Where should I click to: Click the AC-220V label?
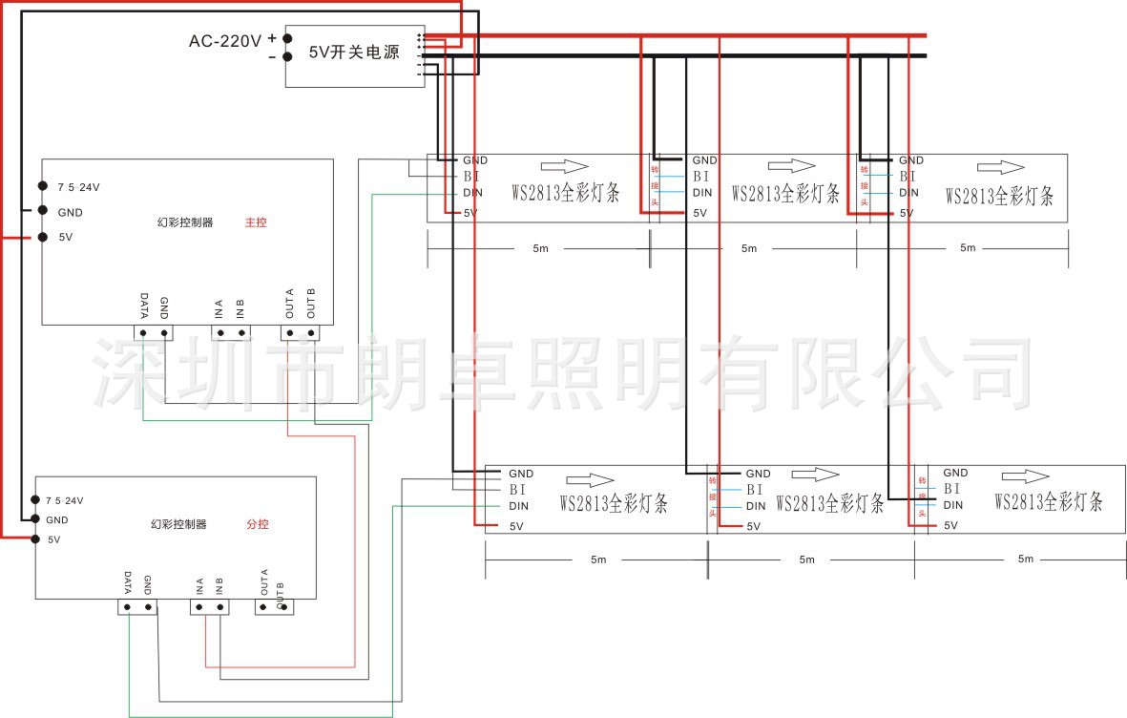pyautogui.click(x=224, y=41)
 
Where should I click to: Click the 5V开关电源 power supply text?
pyautogui.click(x=354, y=53)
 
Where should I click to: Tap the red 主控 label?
pyautogui.click(x=256, y=222)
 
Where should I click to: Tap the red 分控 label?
pyautogui.click(x=258, y=524)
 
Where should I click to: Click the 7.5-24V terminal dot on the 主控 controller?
pyautogui.click(x=43, y=186)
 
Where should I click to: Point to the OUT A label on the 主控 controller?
pyautogui.click(x=289, y=306)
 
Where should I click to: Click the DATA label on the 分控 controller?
pyautogui.click(x=128, y=582)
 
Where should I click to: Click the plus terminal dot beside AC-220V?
pyautogui.click(x=287, y=38)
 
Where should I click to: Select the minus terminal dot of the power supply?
pyautogui.click(x=287, y=57)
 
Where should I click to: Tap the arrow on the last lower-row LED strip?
pyautogui.click(x=1025, y=475)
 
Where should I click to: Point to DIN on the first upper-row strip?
pyautogui.click(x=474, y=193)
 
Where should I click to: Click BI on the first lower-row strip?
pyautogui.click(x=518, y=489)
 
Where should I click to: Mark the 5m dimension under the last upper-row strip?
pyautogui.click(x=968, y=248)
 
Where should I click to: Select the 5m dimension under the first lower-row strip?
pyautogui.click(x=597, y=560)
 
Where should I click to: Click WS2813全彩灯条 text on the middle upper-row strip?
pyautogui.click(x=785, y=194)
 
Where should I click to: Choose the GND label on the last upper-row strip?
pyautogui.click(x=911, y=160)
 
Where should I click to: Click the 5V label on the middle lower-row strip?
pyautogui.click(x=754, y=526)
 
